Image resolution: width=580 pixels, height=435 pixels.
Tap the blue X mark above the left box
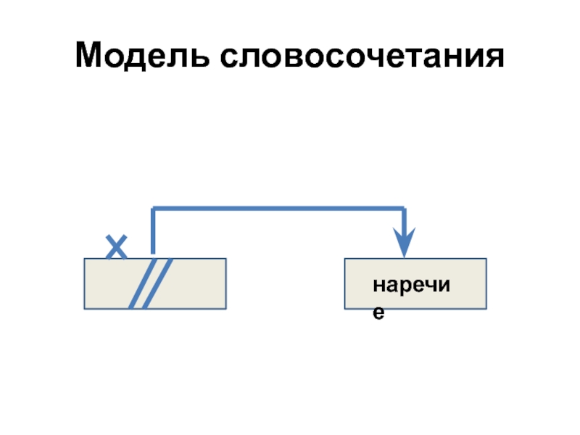pos(115,246)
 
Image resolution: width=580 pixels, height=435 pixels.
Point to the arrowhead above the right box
pos(405,242)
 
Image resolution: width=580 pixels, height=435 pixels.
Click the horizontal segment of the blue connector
pos(279,210)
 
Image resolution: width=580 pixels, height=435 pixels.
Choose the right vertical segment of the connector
pos(405,221)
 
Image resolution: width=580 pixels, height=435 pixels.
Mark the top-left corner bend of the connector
pos(153,210)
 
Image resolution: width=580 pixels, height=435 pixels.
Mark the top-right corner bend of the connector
pos(405,210)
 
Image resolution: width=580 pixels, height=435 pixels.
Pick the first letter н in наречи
pos(378,287)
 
